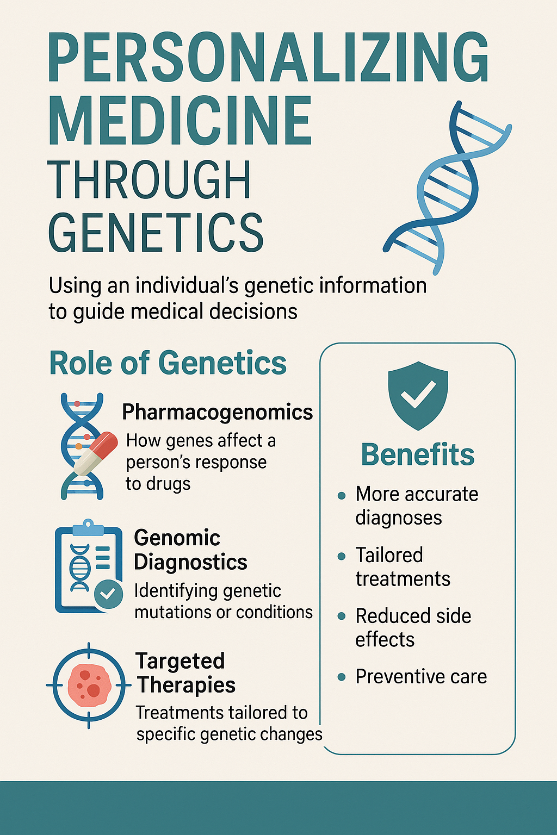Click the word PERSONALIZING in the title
point(268,57)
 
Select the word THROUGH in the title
point(149,180)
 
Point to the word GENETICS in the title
point(156,232)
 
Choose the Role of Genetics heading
point(168,363)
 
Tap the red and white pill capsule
point(96,453)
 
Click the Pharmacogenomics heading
point(218,413)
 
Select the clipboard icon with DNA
point(88,566)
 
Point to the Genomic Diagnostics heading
point(190,550)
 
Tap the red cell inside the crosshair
point(89,685)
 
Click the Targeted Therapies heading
point(185,673)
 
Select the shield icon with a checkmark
point(418,396)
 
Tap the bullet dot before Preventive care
point(341,677)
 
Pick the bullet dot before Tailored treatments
point(341,557)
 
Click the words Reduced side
point(413,615)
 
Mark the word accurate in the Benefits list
point(442,495)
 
